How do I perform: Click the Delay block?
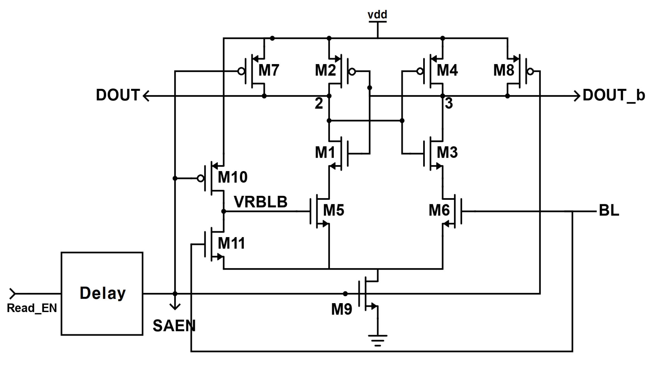coord(102,293)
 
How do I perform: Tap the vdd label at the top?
coord(377,14)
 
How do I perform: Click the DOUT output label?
coord(118,95)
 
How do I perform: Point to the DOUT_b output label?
coord(614,96)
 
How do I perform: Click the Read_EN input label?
coord(32,308)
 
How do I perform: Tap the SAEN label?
coord(174,326)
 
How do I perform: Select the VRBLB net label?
coord(260,202)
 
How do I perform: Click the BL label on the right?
coord(609,210)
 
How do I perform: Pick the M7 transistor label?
coord(269,70)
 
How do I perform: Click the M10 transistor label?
coord(232,177)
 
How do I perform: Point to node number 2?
coord(319,103)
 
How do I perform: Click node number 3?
coord(449,103)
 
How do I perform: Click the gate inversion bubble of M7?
coord(241,72)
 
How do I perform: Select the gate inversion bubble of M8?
coord(530,72)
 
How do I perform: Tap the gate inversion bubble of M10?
coord(200,178)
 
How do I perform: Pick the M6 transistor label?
coord(439,210)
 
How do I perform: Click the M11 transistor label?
coord(231,243)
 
